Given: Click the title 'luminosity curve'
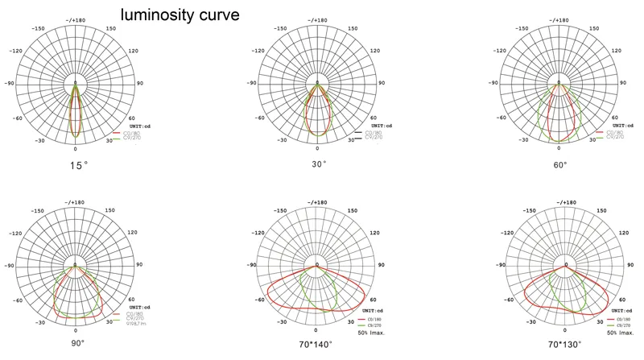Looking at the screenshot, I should coord(180,14).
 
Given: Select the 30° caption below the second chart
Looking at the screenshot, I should coord(319,163).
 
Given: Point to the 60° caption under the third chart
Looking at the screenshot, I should coord(560,163).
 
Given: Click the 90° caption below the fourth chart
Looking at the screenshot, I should coord(77,342).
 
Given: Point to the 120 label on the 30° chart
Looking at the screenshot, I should coord(374,51).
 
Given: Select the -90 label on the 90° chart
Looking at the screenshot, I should coord(10,264).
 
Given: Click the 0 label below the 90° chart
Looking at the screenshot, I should coord(76,330).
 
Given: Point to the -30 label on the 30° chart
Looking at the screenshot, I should coord(282,139).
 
